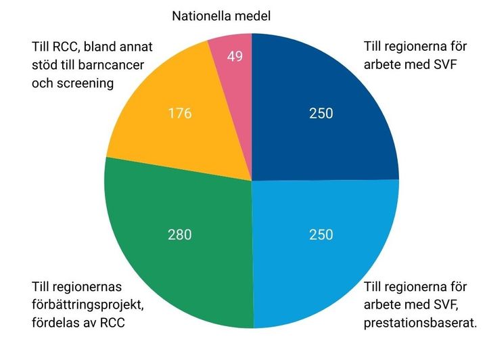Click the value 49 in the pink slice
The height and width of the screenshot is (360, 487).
click(x=235, y=57)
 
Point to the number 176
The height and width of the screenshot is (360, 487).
click(x=180, y=113)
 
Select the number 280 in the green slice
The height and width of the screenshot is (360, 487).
click(x=180, y=235)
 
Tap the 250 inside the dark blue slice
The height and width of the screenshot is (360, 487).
click(x=321, y=113)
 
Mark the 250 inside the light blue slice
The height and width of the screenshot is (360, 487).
click(x=321, y=235)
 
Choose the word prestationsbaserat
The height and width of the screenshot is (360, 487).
click(x=419, y=322)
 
